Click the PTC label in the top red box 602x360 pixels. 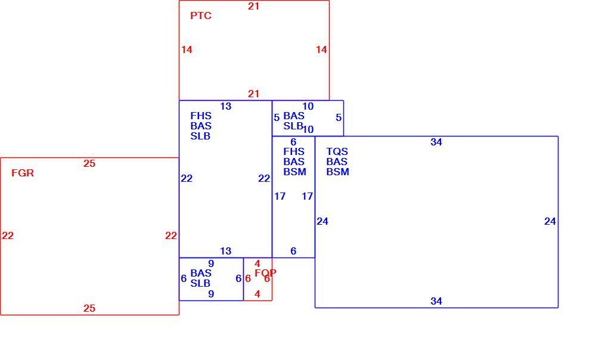201,15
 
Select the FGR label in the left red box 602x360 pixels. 23,173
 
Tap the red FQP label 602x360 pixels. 265,273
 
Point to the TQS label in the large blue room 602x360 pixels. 337,151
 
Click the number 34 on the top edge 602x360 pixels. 436,142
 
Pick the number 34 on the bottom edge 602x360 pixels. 436,301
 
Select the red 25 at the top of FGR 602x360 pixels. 89,164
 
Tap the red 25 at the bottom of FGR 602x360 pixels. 89,309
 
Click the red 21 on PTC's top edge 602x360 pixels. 253,7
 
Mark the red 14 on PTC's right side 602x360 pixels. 321,50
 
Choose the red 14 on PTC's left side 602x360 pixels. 187,50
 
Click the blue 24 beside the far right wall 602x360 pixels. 550,222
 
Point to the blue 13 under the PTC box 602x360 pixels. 226,107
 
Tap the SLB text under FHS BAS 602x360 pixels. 200,136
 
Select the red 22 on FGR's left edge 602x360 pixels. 8,235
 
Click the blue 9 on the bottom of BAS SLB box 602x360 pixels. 211,294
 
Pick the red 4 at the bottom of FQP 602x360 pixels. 257,294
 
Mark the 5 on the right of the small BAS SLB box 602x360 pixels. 339,118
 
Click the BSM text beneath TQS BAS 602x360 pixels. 338,172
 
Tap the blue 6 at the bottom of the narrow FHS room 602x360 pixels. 293,252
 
